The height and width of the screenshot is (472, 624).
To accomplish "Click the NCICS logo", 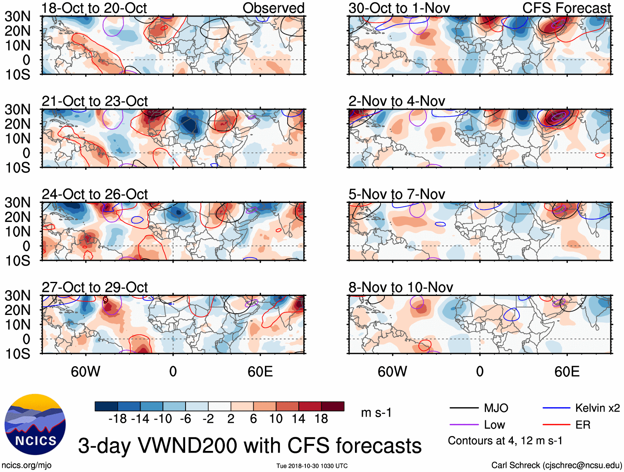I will coord(35,424).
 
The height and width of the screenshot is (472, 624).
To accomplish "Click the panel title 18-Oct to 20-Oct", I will coord(94,8).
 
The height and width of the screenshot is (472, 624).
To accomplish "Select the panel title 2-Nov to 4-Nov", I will coord(397,101).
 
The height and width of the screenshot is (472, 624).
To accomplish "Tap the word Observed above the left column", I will coord(273,8).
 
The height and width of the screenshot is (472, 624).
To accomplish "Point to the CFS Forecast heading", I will coord(566,8).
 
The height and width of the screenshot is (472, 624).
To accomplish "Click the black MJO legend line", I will coord(464,408).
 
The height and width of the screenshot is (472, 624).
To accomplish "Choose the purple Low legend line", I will coord(464,425).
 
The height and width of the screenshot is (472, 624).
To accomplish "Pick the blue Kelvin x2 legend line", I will coord(557,408).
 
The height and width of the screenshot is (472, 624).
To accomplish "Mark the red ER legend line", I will coord(557,425).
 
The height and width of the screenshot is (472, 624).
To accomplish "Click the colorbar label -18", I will coord(118,419).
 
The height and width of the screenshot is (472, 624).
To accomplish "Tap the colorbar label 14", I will coord(298,419).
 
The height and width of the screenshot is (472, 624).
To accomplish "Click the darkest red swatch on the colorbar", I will coord(333,406).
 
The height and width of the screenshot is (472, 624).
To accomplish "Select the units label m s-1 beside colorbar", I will coord(376,413).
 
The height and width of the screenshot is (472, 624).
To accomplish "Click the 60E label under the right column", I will coord(567,372).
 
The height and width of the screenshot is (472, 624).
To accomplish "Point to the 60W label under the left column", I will coord(86,372).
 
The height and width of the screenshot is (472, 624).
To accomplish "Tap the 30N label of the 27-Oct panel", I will coord(17,296).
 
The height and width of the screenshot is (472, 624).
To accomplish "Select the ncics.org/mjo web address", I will coord(26,465).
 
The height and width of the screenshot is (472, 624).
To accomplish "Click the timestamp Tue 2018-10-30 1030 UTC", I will coord(312,466).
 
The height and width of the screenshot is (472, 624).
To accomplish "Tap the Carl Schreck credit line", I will coord(556,465).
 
